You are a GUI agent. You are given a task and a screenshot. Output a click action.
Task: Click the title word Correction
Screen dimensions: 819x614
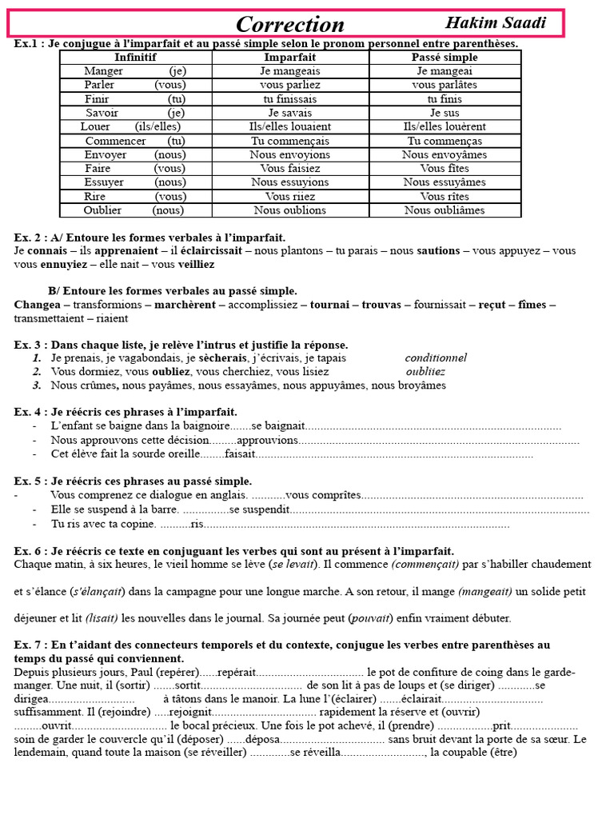pos(290,24)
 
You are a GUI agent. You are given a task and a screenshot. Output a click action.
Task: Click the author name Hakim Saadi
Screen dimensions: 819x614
pos(496,22)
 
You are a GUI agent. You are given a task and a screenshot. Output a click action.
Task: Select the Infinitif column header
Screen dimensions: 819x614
pos(135,58)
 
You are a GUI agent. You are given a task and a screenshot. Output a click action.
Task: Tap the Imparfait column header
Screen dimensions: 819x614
pos(289,58)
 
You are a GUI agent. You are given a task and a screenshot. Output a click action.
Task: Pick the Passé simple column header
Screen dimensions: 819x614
pos(445,58)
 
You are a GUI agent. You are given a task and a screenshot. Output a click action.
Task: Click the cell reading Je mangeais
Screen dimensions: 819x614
pos(289,71)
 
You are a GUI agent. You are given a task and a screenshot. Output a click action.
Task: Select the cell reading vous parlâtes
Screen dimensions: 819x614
pos(445,85)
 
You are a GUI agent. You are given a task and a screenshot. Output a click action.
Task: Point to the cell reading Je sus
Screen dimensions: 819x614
pos(445,113)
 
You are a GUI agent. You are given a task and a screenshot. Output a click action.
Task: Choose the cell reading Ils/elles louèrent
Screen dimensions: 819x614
pos(445,126)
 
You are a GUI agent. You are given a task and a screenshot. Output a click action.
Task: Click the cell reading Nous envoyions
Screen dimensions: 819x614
pos(289,154)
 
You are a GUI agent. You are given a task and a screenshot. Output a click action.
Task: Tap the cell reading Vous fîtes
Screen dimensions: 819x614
pos(445,169)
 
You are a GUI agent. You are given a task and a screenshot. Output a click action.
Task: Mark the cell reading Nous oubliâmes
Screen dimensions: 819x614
pos(445,210)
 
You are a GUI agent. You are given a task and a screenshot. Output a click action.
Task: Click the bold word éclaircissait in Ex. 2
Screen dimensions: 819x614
pos(210,251)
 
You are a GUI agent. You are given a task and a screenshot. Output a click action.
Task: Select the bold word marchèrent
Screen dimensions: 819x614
pos(188,305)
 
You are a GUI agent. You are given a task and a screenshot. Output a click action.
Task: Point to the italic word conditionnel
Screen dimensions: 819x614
pos(436,358)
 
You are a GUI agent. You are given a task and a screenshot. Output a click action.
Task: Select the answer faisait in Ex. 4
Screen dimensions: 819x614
pos(241,454)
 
